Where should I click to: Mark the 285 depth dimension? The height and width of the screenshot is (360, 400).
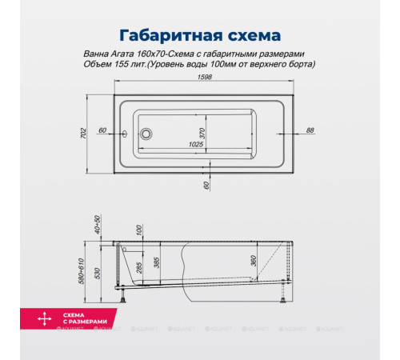[x=139, y=267]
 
